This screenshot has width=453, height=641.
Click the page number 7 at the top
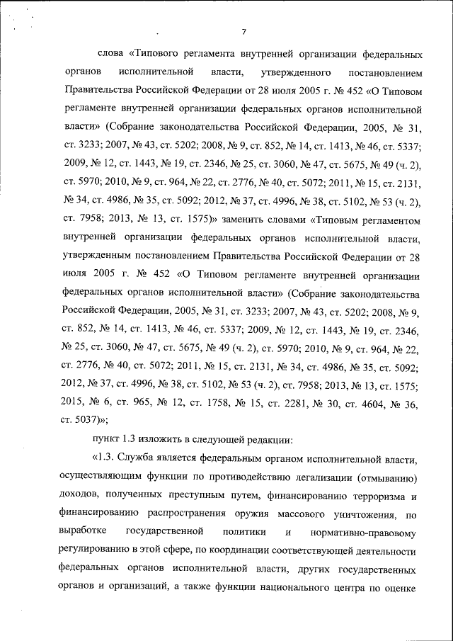(x=243, y=32)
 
